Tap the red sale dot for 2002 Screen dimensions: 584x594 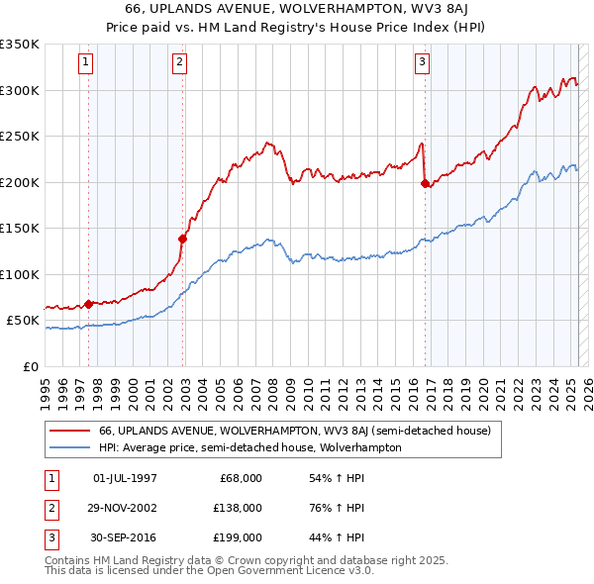pos(183,238)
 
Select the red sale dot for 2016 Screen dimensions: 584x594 pos(425,182)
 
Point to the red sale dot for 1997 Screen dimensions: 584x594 pos(89,303)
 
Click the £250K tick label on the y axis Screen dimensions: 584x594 pos(20,137)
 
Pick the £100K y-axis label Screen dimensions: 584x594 pos(20,274)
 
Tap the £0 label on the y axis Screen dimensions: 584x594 pos(30,366)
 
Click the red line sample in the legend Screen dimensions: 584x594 pos(69,431)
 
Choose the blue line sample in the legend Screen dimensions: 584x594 pos(69,447)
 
